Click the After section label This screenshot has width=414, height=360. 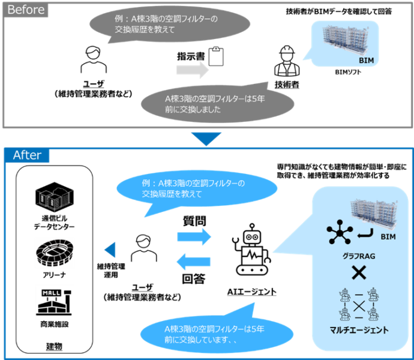pos(27,155)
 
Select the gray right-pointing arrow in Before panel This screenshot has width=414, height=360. pos(192,70)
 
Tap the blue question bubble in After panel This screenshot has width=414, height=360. pos(197,188)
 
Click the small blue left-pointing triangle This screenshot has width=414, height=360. pos(110,250)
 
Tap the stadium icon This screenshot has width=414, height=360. pos(54,251)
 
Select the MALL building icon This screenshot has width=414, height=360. pos(54,302)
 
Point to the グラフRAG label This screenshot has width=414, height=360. pos(359,256)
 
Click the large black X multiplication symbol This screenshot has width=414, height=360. pos(359,274)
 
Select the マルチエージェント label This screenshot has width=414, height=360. pos(359,329)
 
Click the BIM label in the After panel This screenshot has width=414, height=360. pos(388,237)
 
